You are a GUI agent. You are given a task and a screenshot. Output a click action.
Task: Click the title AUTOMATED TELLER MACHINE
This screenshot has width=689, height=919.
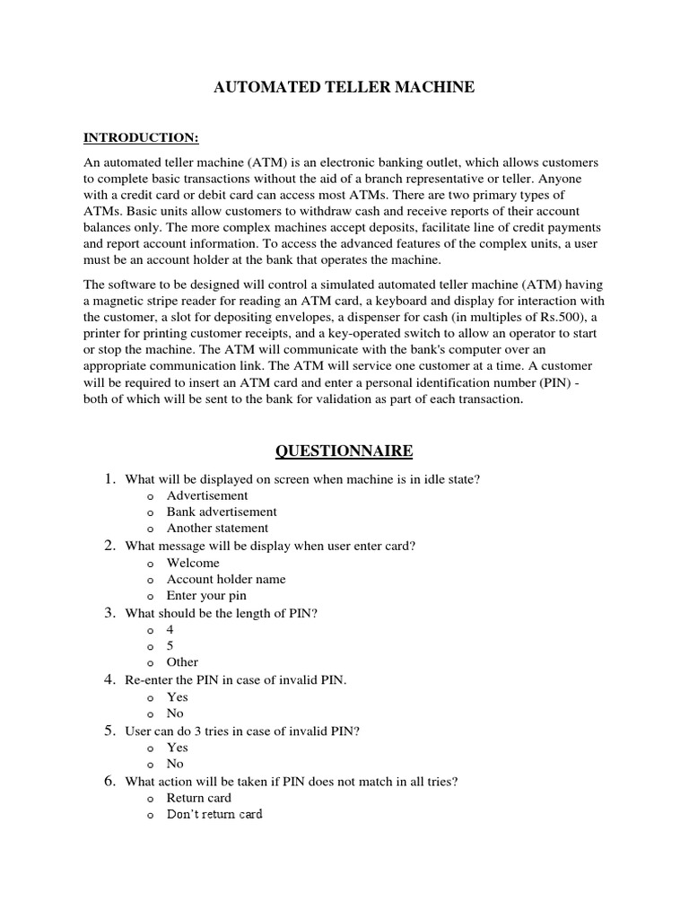(x=343, y=87)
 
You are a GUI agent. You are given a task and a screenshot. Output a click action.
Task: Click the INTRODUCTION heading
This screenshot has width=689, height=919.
(x=141, y=137)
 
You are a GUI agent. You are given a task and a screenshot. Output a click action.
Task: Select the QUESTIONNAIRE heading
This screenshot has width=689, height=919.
(x=344, y=451)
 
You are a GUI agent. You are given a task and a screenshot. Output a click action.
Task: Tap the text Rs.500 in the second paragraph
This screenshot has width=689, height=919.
(x=549, y=317)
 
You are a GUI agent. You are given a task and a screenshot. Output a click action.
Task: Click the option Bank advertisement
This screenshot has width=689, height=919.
(x=222, y=512)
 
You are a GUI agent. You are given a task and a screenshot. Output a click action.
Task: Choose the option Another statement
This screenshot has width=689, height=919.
(x=217, y=528)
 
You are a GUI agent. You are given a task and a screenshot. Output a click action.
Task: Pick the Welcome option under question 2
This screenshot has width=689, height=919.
(x=193, y=563)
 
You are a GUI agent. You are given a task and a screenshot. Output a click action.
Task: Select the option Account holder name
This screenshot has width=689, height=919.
(x=226, y=579)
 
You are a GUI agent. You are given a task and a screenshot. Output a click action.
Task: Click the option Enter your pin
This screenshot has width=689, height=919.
(x=206, y=595)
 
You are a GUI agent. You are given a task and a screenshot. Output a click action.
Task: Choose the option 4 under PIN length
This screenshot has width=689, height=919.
(x=170, y=630)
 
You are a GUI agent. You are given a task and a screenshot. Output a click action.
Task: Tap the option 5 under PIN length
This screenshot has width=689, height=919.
(x=170, y=646)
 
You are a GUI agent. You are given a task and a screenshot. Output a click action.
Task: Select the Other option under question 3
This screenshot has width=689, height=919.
(x=182, y=662)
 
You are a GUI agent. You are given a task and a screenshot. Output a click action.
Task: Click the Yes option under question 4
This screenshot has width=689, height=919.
(x=177, y=697)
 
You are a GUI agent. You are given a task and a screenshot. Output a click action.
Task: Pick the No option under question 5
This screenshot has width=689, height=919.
(x=175, y=764)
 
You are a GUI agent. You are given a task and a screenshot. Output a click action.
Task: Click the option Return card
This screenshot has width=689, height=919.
(x=198, y=798)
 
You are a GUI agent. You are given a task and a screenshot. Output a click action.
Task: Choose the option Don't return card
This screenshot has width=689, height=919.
(x=214, y=814)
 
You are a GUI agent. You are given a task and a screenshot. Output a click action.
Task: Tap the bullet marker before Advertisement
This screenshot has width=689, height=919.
(x=149, y=496)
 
